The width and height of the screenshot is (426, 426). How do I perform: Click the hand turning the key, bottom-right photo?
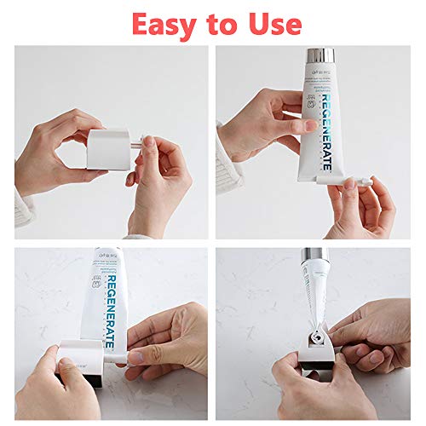[375, 332]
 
